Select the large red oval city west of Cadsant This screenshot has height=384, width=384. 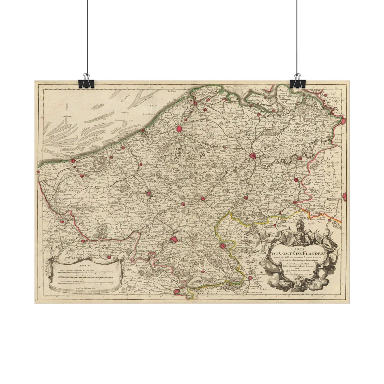point(180,129)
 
